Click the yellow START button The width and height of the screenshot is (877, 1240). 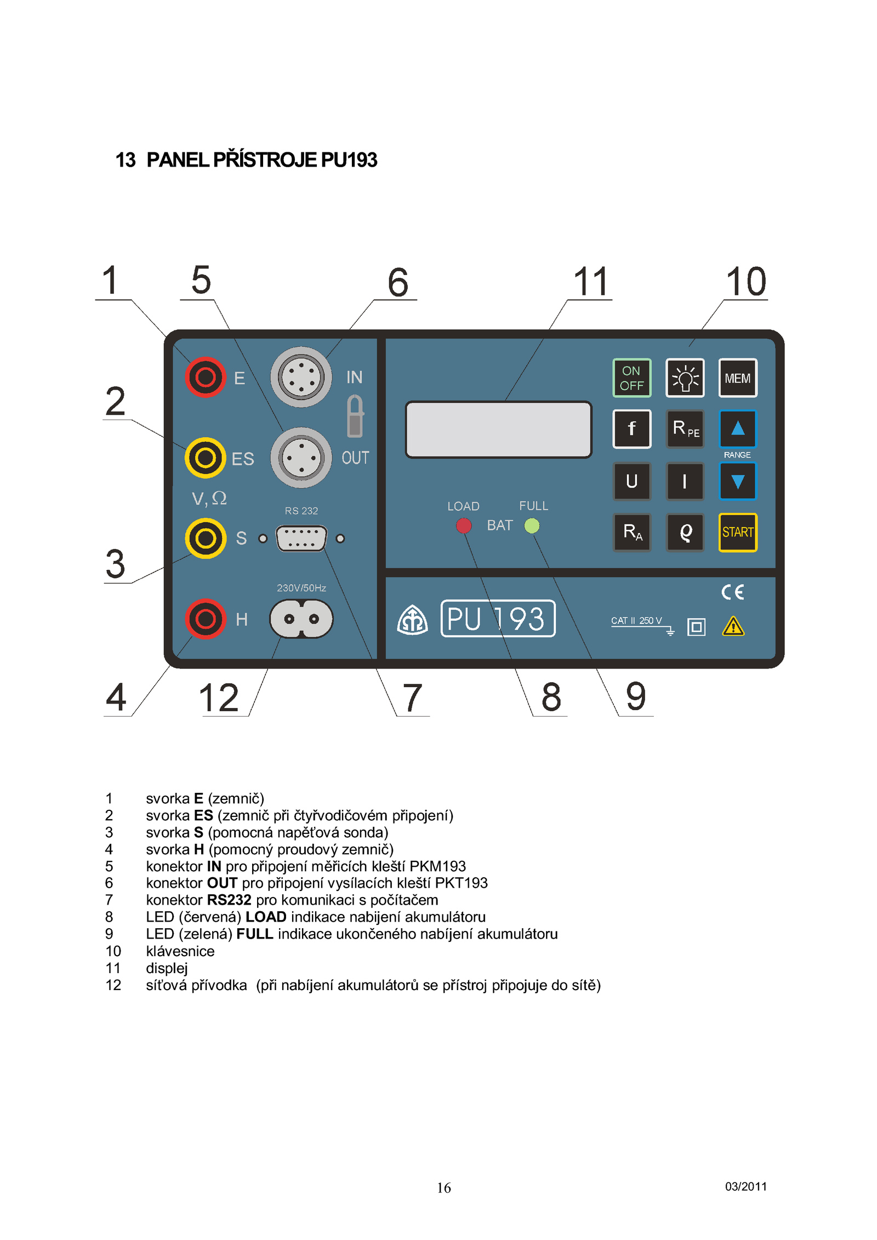click(x=737, y=532)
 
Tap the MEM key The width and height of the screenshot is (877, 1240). click(x=737, y=378)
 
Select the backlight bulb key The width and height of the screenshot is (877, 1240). click(x=685, y=378)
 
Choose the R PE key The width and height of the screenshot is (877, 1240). click(x=685, y=428)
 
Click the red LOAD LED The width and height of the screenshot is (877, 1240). click(x=464, y=526)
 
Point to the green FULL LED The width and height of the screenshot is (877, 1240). click(x=532, y=526)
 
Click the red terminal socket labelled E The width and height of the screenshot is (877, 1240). click(x=206, y=377)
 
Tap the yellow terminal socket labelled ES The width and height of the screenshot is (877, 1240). click(x=206, y=458)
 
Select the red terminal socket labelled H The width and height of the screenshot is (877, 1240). click(x=206, y=619)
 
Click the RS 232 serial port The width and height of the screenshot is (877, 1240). click(x=301, y=539)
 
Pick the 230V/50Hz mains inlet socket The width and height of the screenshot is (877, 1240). click(x=301, y=619)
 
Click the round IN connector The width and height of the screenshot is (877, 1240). click(x=301, y=377)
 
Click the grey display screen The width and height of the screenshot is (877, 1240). click(x=498, y=430)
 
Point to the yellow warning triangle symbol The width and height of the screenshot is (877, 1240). click(x=733, y=626)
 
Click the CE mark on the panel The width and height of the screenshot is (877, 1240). click(x=732, y=592)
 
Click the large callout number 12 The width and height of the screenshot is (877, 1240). click(x=219, y=698)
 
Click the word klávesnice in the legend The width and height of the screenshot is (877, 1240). click(x=180, y=951)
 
